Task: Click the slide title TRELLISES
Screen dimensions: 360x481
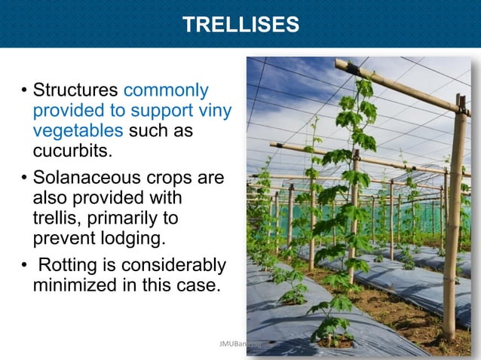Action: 240,26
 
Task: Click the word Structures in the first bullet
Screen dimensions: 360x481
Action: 75,90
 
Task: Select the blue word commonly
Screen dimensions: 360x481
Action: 165,90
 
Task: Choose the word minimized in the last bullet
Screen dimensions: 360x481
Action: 75,285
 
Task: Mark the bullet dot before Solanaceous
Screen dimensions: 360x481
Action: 24,179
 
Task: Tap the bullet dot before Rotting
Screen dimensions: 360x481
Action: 24,266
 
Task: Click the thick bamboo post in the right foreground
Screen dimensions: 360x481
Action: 455,226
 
